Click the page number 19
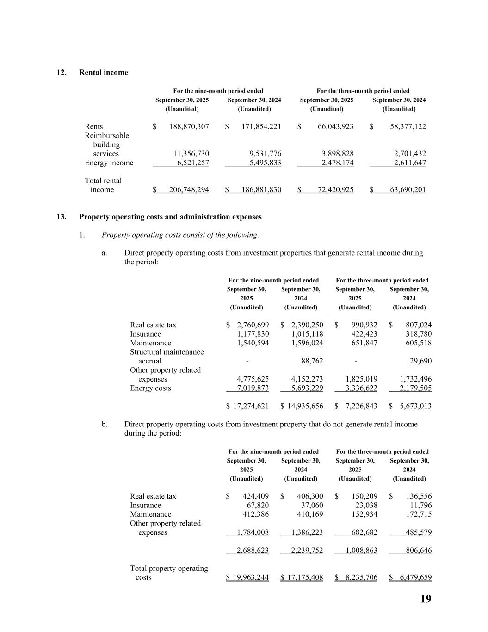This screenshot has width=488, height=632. [426, 599]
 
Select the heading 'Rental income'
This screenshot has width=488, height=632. [104, 72]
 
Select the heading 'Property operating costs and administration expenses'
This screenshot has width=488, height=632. [170, 217]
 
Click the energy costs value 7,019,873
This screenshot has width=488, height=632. [253, 388]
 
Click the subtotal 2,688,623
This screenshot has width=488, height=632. [253, 551]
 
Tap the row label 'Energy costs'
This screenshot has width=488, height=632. [150, 388]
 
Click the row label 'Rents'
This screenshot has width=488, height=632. [94, 126]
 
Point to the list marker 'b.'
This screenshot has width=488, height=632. [105, 424]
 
